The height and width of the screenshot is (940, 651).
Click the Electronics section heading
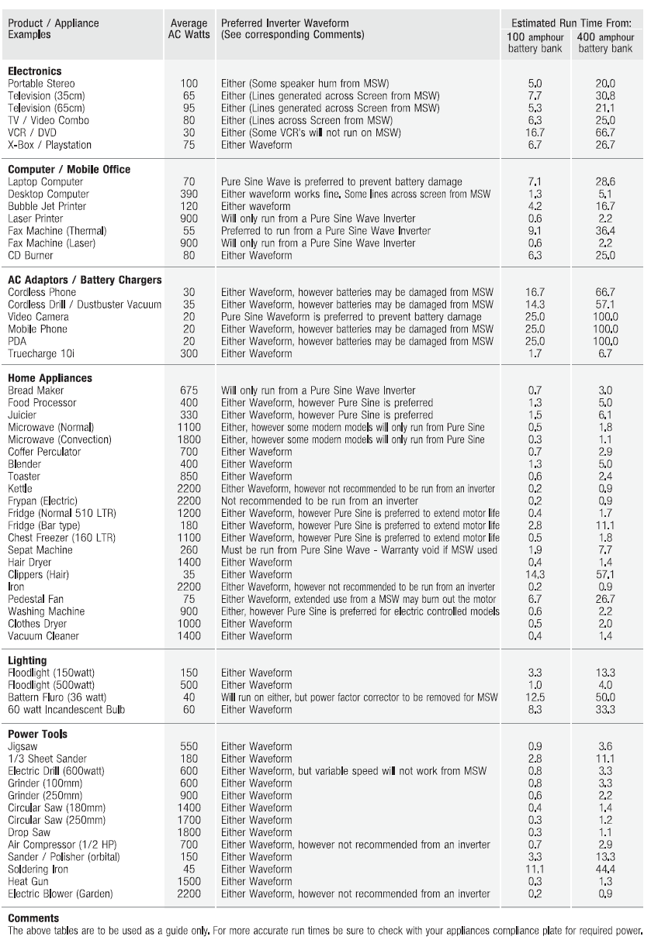tap(35, 71)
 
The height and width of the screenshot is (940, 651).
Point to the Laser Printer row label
tap(38, 219)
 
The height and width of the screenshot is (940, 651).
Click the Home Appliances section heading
tap(50, 378)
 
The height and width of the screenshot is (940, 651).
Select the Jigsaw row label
tap(25, 746)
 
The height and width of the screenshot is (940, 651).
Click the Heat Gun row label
tap(30, 882)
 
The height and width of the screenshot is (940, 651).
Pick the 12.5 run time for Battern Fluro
tap(535, 698)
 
